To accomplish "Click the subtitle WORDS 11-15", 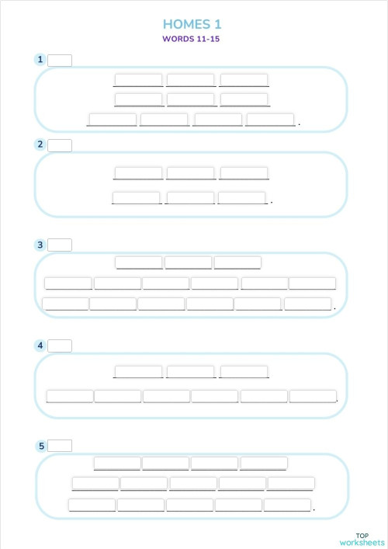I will [192, 38].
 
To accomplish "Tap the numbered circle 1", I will [40, 60].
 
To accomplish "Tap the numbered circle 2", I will [40, 144].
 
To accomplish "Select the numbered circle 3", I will [40, 245].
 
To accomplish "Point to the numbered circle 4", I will [40, 346].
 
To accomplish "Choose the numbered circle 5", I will [40, 446].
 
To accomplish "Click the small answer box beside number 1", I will [60, 61].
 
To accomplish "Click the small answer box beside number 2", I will [60, 145].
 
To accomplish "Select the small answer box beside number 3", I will [60, 245].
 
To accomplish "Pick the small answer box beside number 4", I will [60, 346].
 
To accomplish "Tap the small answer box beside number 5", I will [60, 446].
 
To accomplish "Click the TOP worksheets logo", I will [361, 539].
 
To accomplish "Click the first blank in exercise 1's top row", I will [138, 80].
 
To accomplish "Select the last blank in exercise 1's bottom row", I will [270, 120].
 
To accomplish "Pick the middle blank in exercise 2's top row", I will [191, 173].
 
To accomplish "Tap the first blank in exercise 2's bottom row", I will [137, 198].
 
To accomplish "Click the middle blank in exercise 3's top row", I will [188, 262].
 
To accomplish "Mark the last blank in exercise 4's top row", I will [244, 372].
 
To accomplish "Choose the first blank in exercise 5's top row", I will [117, 464].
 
